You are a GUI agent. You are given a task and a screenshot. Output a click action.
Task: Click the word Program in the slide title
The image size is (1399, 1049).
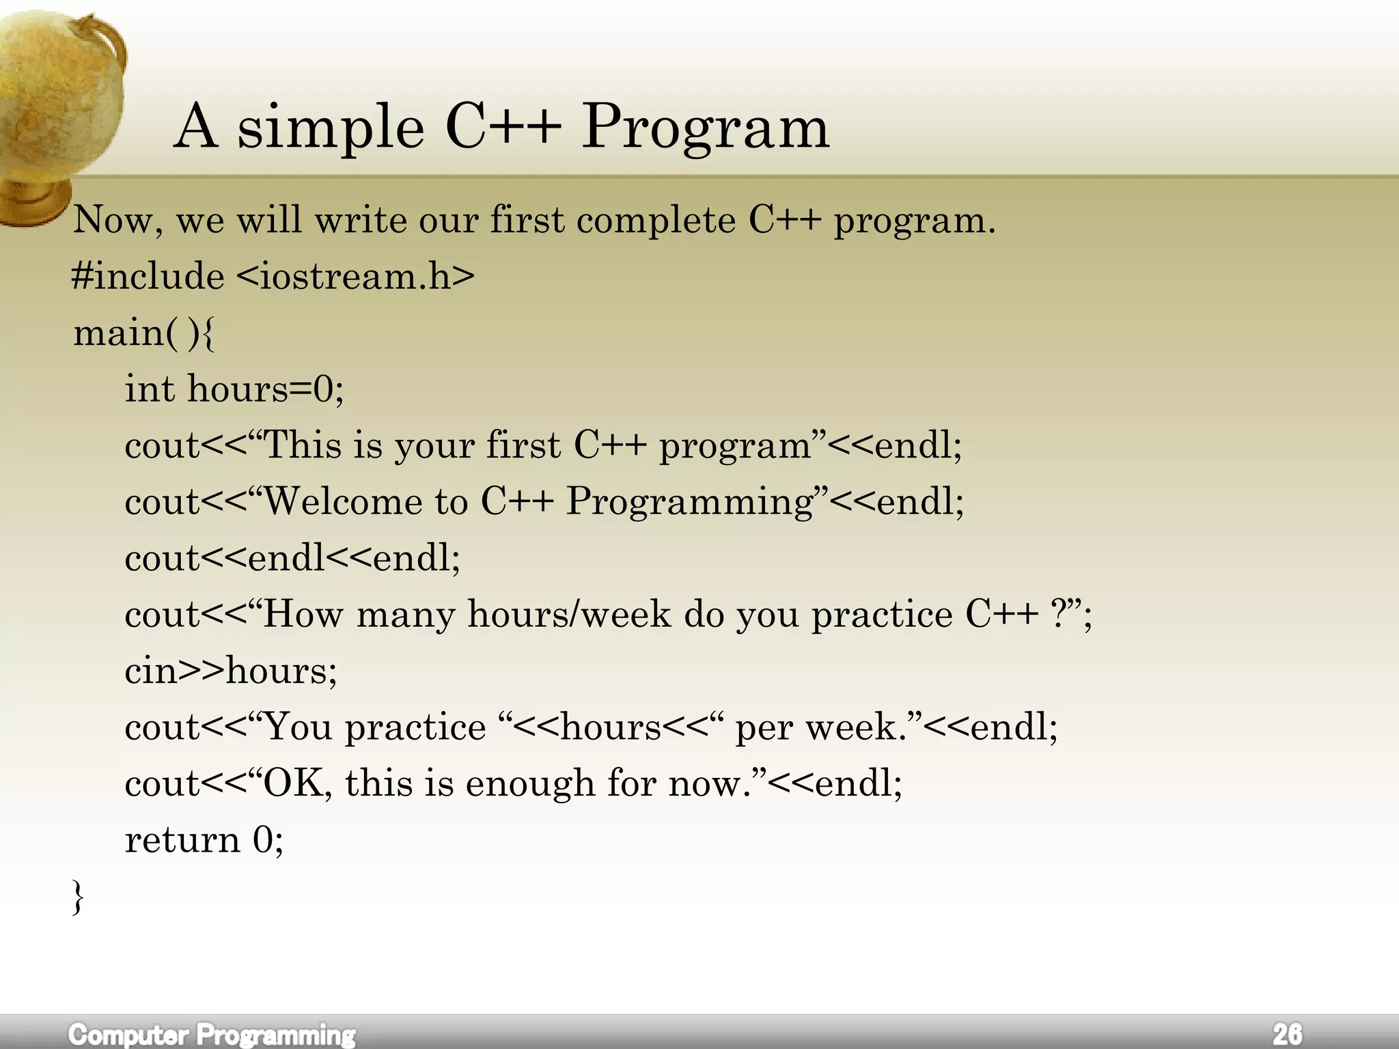click(705, 128)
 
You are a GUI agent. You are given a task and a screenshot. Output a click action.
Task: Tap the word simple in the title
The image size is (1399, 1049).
click(331, 128)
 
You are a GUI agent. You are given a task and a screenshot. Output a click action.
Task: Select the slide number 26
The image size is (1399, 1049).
click(1287, 1033)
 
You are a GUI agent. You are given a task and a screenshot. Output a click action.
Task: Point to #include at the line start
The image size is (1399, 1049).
click(148, 277)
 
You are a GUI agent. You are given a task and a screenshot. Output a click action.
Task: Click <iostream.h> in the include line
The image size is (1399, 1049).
click(355, 277)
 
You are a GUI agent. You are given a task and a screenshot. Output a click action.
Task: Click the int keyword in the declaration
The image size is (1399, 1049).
click(150, 389)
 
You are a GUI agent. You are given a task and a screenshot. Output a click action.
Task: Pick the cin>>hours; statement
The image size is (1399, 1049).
click(231, 671)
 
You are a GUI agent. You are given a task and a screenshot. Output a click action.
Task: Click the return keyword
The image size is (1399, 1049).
click(182, 839)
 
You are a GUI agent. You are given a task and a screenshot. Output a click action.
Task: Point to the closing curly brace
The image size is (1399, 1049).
click(78, 897)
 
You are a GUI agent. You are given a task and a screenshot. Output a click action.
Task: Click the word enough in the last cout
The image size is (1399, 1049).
click(529, 783)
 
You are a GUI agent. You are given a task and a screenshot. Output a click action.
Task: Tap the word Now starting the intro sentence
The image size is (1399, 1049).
click(112, 221)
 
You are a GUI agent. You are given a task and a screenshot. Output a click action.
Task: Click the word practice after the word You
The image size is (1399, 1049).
click(415, 727)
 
